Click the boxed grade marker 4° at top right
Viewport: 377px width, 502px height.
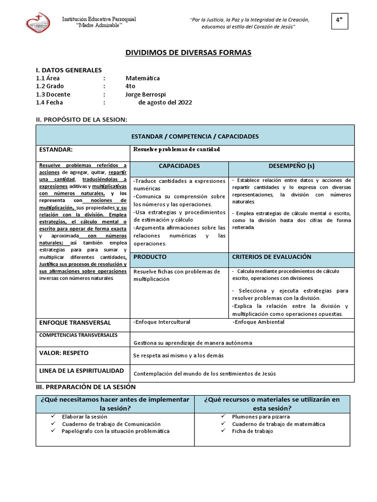[x=339, y=20]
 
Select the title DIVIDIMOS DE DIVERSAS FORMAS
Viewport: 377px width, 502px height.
[x=189, y=52]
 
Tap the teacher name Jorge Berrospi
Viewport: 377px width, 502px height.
[x=146, y=94]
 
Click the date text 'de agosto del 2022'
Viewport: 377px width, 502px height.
[x=165, y=102]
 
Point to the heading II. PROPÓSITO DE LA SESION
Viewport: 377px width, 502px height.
[x=81, y=120]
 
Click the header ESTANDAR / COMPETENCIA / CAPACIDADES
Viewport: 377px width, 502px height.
[x=195, y=136]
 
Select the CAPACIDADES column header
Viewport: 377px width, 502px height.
[x=179, y=166]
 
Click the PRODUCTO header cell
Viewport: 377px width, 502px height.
[x=150, y=257]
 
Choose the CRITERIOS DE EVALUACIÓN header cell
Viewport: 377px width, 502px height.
[x=271, y=257]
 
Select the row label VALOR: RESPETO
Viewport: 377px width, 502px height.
[x=64, y=352]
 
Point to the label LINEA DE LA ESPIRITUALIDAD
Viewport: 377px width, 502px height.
[x=81, y=371]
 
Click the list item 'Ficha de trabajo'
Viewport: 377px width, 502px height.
[x=252, y=431]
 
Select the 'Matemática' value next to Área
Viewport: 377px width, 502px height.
[x=142, y=78]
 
